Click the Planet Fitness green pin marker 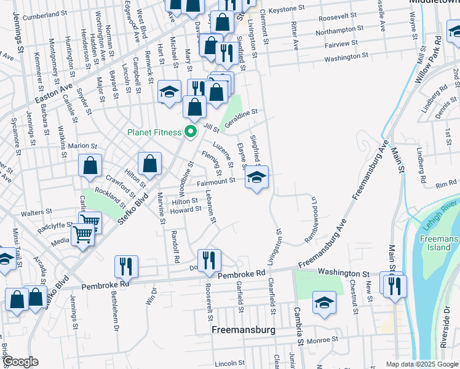[x=191, y=132]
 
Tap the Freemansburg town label [x=246, y=330]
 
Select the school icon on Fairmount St [x=256, y=178]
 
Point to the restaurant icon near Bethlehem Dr [x=125, y=266]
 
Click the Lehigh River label [x=441, y=208]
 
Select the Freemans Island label [x=440, y=243]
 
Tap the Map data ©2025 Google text [x=422, y=363]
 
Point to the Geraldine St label [x=240, y=116]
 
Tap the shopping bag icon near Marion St [x=90, y=165]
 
